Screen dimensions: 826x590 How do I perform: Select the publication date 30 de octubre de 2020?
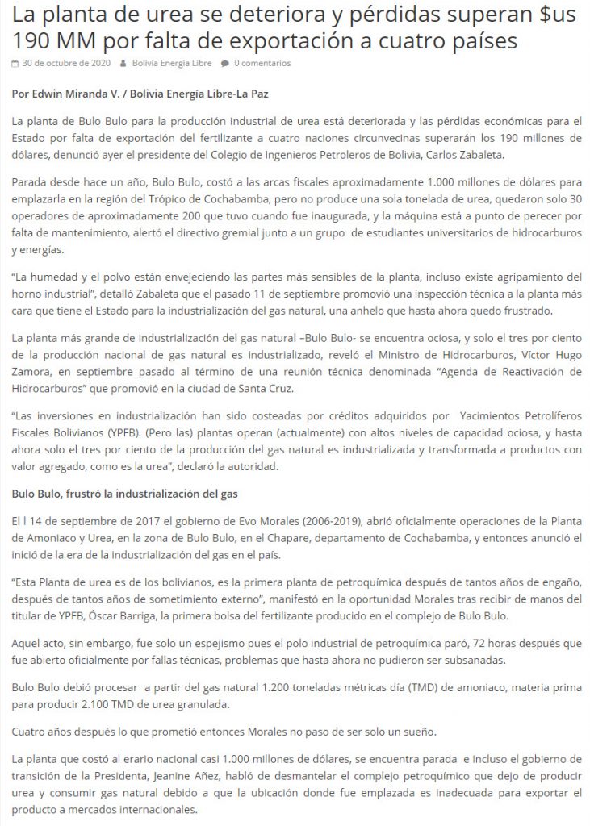pyautogui.click(x=65, y=63)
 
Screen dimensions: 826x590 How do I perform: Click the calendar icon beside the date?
pyautogui.click(x=15, y=63)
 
